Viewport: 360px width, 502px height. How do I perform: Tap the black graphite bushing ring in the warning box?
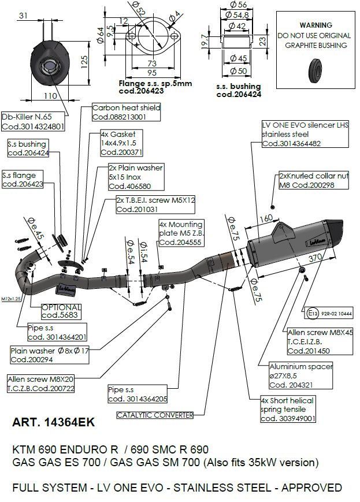[316, 66]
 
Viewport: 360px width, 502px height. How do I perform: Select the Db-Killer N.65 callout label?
[32, 121]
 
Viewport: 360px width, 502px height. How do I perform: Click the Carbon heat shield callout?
[126, 111]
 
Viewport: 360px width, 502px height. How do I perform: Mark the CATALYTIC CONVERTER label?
[154, 415]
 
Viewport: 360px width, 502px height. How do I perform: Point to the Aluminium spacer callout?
[301, 375]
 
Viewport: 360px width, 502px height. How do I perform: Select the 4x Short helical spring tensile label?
[288, 410]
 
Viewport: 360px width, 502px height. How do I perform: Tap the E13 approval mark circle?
[313, 314]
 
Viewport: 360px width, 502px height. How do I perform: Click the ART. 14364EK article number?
[53, 424]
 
